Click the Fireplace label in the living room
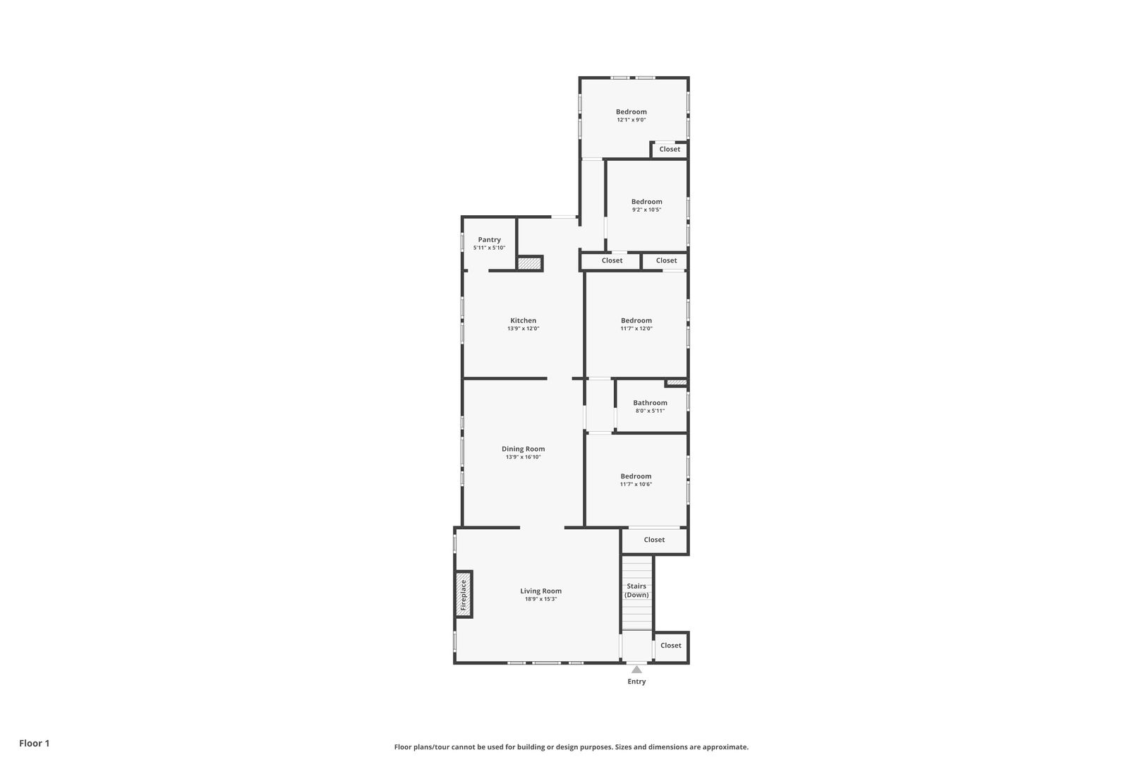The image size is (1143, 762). coord(464,595)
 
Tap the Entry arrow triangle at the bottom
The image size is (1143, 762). coord(636,669)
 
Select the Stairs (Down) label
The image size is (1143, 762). coord(636,590)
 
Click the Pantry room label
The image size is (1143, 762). coord(490,239)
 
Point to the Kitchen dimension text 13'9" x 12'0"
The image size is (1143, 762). coord(523,329)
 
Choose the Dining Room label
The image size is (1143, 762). coord(523,449)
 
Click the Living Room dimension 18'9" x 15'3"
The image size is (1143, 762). coord(541,599)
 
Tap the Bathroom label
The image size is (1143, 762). coord(650,403)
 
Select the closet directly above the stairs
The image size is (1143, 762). coord(654,540)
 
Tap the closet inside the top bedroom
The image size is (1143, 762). coord(670,149)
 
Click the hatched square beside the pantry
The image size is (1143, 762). coord(529,263)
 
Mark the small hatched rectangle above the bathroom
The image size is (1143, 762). coord(677,382)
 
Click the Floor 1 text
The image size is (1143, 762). coord(34,743)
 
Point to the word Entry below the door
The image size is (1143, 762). coord(636,682)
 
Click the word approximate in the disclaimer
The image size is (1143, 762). coord(725,747)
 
